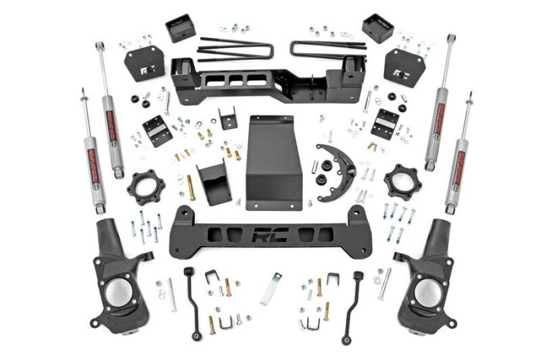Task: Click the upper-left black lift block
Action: (180, 29)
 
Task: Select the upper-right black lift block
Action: (377, 29)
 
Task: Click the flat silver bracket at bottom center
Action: (270, 289)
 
